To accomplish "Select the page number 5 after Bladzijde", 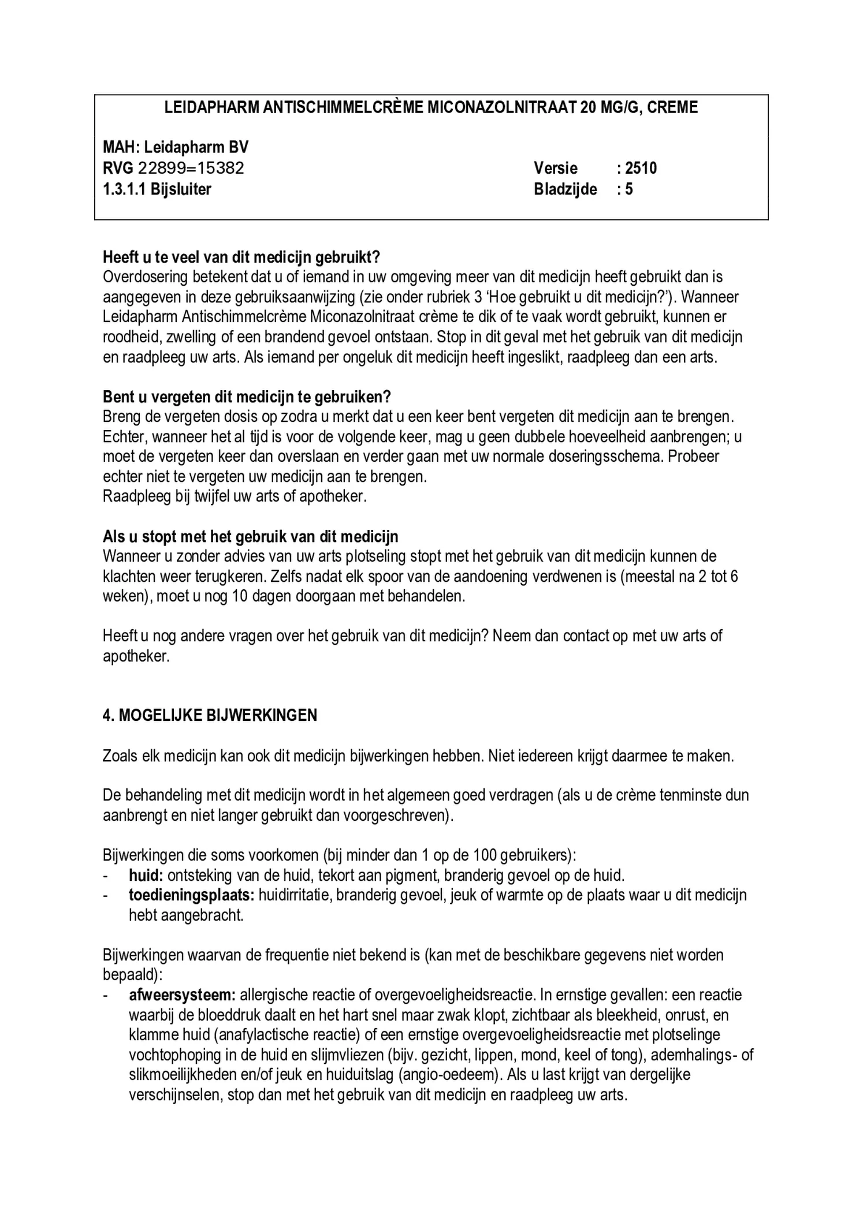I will (x=629, y=189).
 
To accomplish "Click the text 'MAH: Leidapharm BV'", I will (x=176, y=148).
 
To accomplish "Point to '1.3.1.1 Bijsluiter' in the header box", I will (x=157, y=189).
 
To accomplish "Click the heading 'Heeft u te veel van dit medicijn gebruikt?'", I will (x=241, y=257).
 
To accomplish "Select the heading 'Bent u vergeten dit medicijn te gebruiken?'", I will (x=247, y=397).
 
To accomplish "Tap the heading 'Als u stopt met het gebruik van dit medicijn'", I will (x=250, y=537).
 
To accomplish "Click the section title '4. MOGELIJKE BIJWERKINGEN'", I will (x=210, y=716).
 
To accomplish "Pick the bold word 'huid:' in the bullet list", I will (x=146, y=876).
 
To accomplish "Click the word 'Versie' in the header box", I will (x=555, y=169).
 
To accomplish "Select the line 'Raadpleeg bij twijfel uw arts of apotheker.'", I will (x=235, y=496).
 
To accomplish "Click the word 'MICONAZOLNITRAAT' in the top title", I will (x=501, y=107).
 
